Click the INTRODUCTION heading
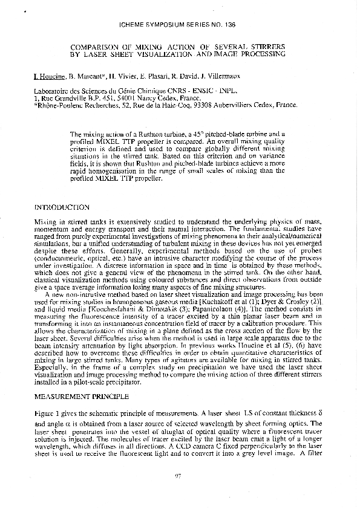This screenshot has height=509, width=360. (62, 207)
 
